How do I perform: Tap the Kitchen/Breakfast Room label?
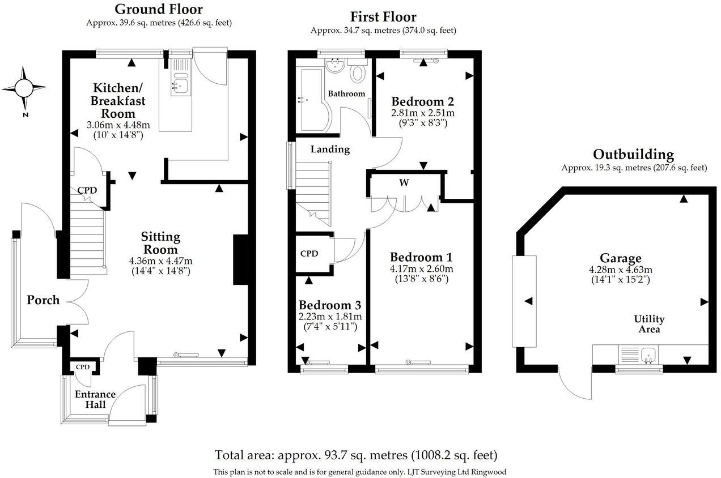point(118,100)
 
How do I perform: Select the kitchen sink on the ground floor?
point(181,84)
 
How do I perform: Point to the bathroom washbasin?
point(335,66)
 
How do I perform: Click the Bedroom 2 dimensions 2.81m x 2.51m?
point(423,113)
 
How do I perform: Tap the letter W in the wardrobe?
point(404,183)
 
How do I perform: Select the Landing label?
point(330,150)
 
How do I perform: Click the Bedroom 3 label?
point(330,305)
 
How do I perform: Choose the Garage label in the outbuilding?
point(621,258)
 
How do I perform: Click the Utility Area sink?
point(648,355)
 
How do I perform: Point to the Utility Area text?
point(649,324)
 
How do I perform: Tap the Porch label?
point(43,300)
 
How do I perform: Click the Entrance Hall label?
point(95,399)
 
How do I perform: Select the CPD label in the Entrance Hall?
point(83,367)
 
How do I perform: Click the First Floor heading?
point(383,17)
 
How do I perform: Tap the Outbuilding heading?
point(634,155)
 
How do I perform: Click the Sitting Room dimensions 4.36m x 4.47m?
point(160,261)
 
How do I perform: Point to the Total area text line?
point(356,455)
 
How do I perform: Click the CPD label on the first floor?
point(309,254)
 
